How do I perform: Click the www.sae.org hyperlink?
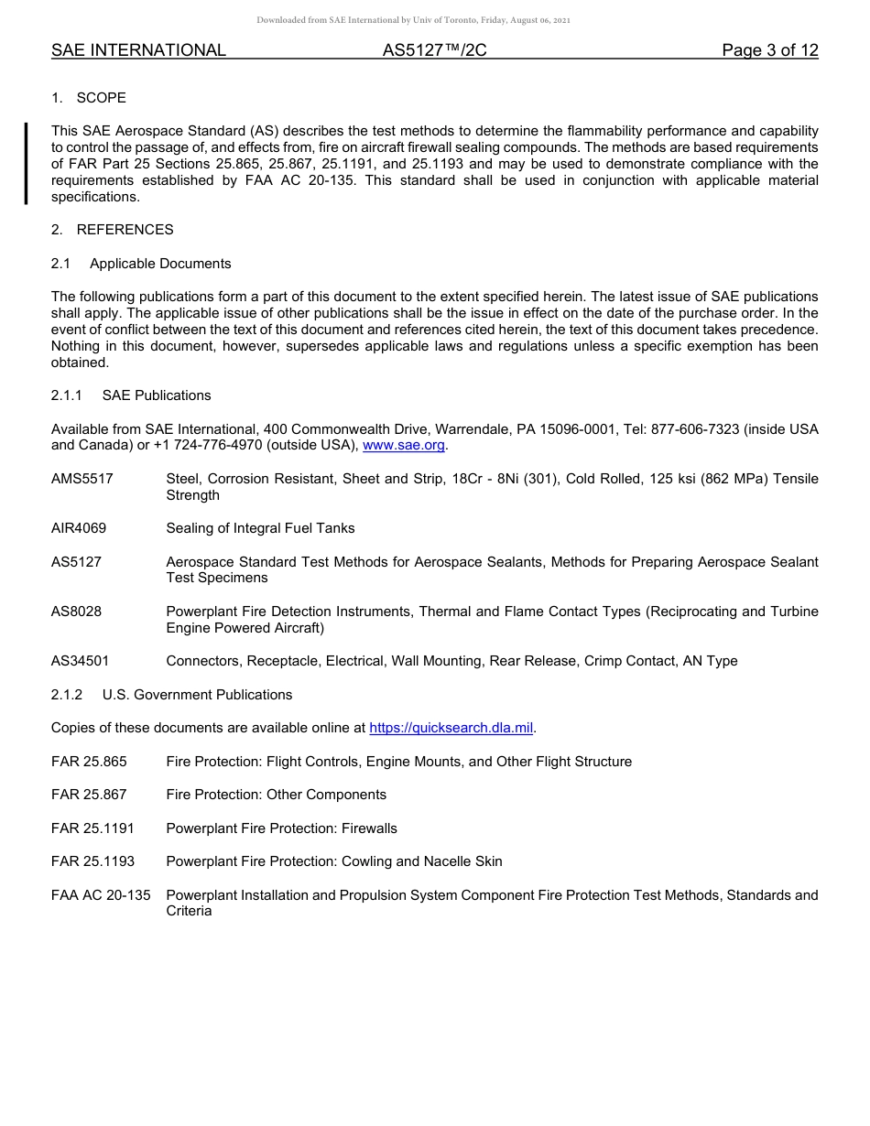point(403,445)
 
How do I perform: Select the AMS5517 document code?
point(82,479)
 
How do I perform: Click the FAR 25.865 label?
point(89,762)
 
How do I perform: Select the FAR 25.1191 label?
point(92,828)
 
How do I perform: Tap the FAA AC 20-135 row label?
point(101,895)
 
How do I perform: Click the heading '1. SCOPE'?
point(89,98)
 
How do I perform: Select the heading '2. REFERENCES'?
point(112,230)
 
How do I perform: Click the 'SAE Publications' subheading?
point(157,395)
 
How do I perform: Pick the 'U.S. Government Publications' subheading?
point(197,695)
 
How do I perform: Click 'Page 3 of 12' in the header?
point(769,50)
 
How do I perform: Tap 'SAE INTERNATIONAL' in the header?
point(138,50)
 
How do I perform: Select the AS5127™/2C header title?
point(434,50)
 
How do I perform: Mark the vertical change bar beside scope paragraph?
point(27,163)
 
